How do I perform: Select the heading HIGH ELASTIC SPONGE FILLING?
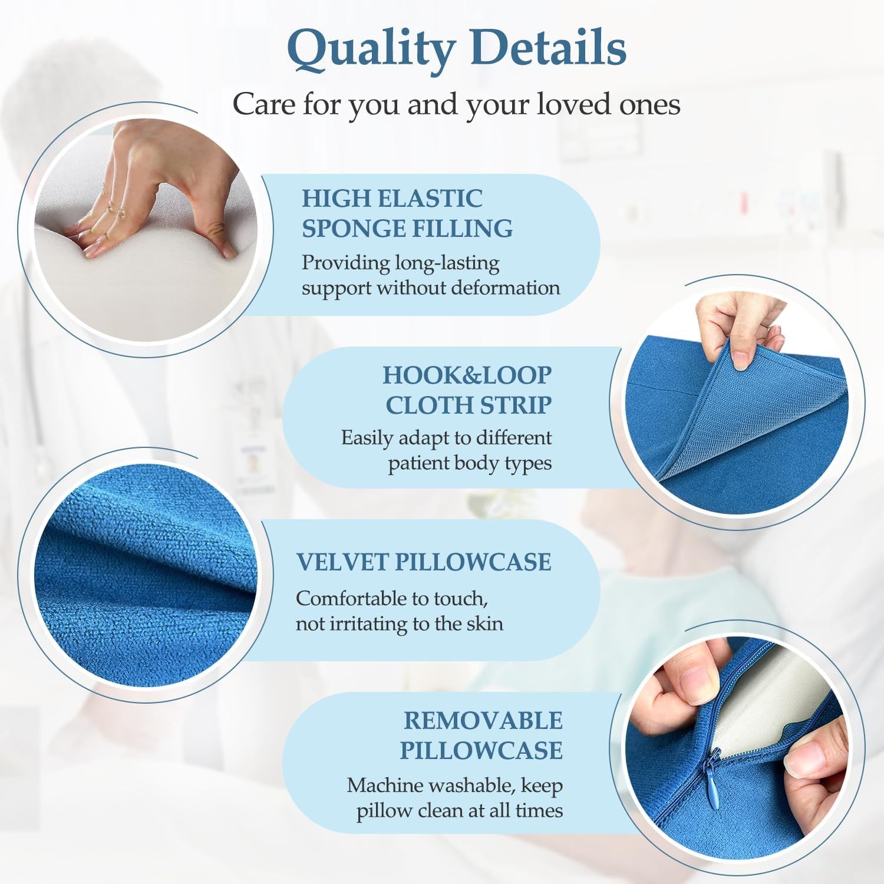(407, 213)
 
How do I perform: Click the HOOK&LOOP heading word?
(467, 375)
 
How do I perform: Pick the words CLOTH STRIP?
(469, 405)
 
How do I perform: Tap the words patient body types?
(470, 463)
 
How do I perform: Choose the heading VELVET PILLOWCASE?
(423, 562)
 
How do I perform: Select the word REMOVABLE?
(483, 721)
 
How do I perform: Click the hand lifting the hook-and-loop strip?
(737, 330)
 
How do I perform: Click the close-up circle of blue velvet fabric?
(144, 575)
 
